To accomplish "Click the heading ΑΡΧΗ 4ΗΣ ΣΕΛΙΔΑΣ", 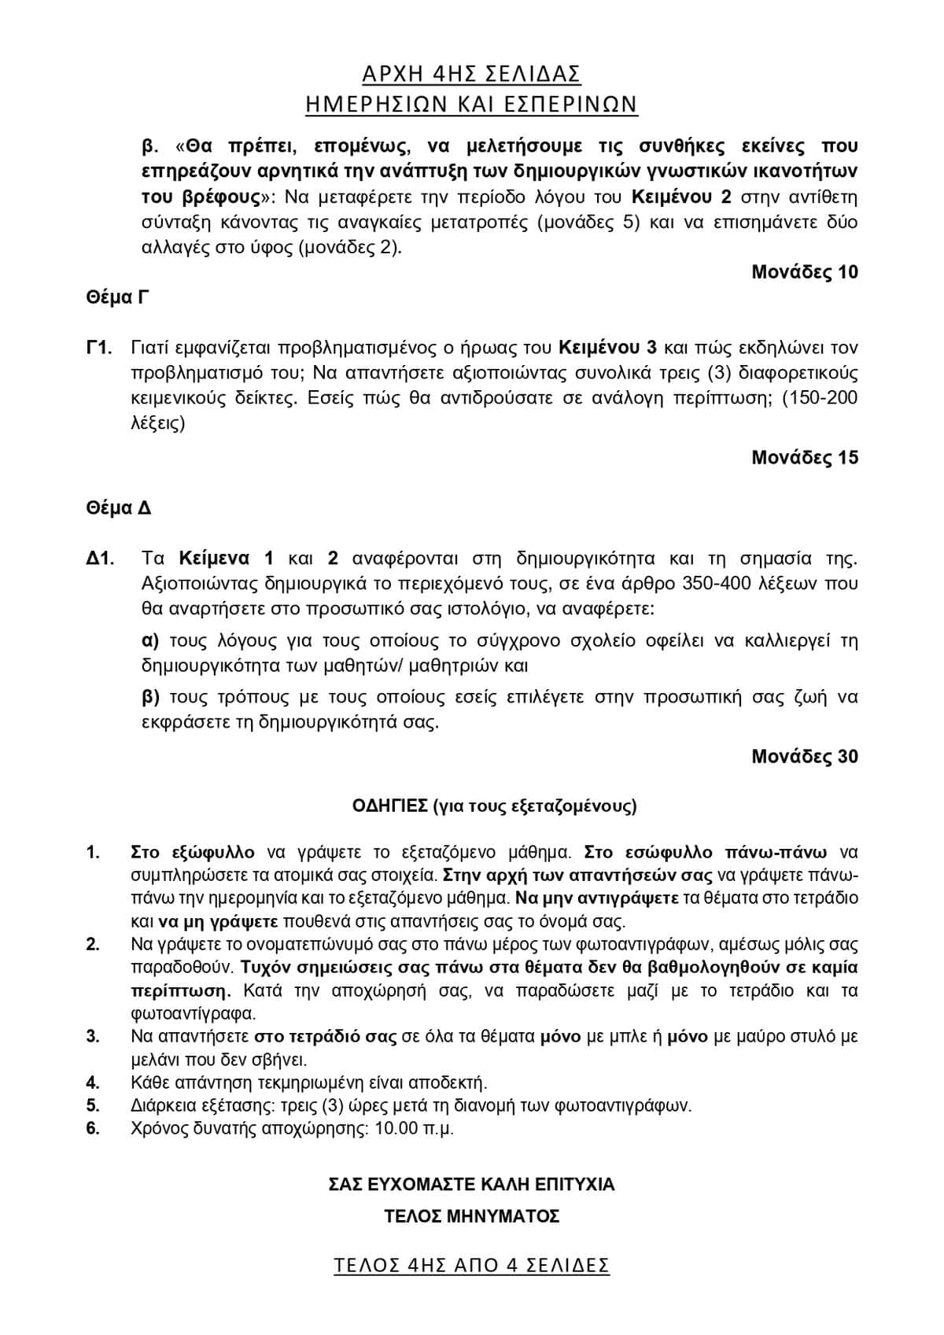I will tap(471, 74).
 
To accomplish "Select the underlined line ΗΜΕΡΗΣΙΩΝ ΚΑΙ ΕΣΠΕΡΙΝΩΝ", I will tap(471, 104).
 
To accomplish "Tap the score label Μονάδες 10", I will tap(804, 272).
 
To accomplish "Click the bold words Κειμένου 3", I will tap(608, 348).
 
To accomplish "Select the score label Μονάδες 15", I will tap(804, 457).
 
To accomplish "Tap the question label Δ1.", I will tap(101, 559).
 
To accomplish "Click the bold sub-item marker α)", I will tap(150, 640).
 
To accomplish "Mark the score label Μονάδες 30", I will tap(804, 756).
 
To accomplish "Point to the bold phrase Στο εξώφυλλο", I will tap(193, 852).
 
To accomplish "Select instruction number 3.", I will tap(93, 1036).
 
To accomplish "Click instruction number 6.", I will tap(93, 1128).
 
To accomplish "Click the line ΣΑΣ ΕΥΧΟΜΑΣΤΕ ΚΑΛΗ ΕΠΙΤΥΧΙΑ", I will tap(471, 1184).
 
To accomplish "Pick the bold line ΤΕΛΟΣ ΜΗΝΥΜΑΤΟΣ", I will tap(471, 1216).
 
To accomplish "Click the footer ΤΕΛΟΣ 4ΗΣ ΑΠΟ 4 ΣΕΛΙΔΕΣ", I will tap(471, 1265).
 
